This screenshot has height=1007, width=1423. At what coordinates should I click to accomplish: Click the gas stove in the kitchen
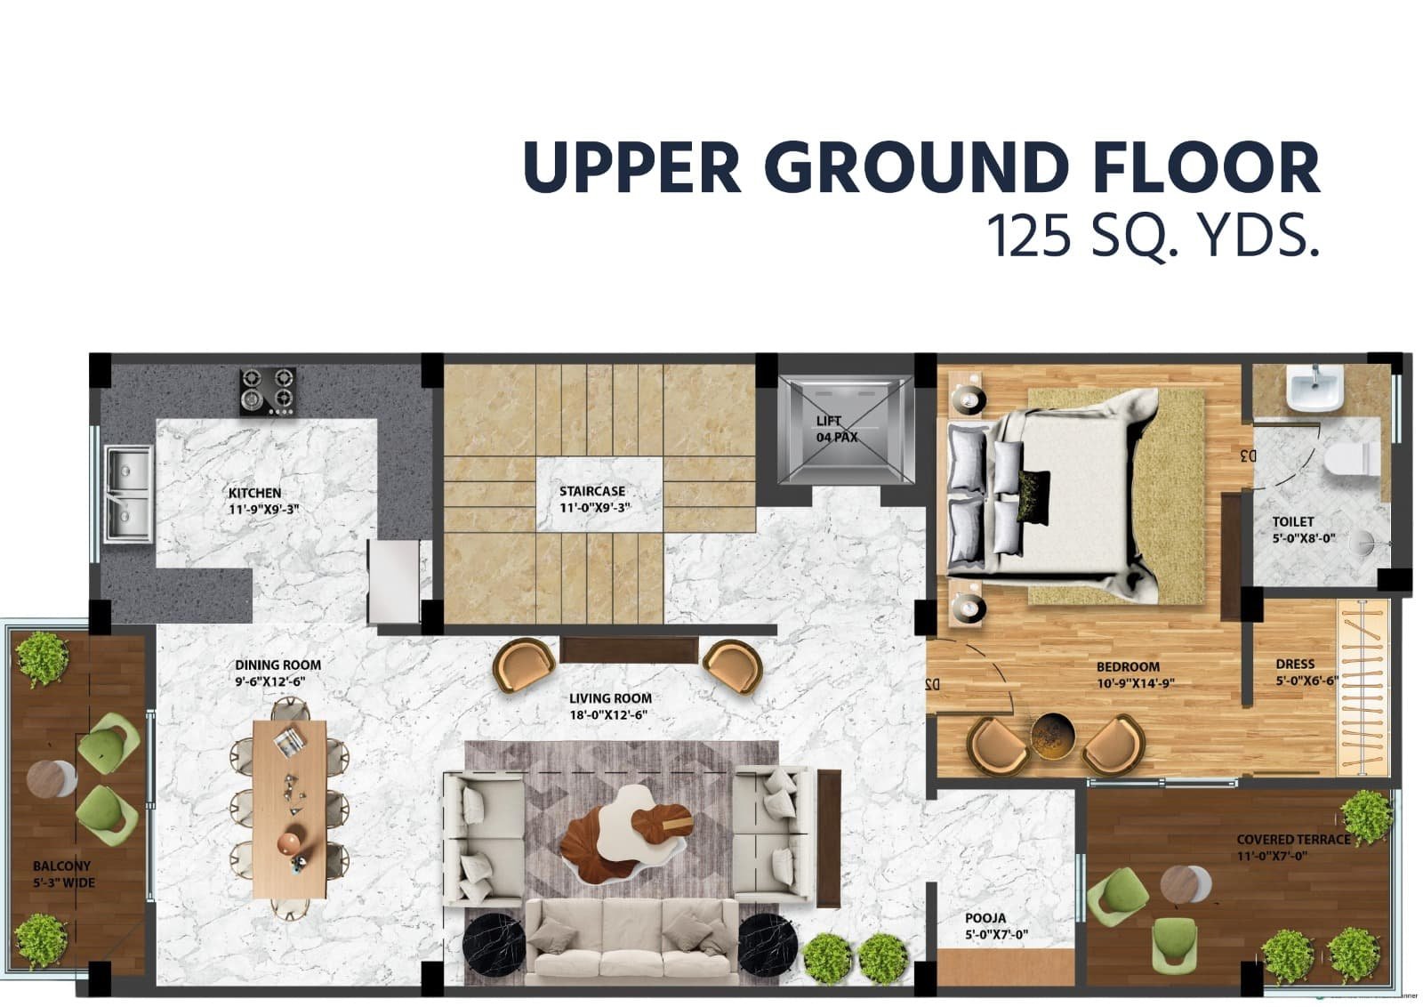268,391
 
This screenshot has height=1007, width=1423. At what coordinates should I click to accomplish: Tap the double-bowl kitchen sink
129,495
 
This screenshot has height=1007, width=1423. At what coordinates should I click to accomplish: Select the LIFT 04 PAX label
837,430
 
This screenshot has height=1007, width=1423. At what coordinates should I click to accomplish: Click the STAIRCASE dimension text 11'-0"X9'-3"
595,508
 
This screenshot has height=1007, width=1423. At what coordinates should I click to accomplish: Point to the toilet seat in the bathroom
1351,458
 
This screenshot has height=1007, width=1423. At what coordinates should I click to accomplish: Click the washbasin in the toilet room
1315,388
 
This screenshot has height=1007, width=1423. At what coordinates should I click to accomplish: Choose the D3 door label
1247,455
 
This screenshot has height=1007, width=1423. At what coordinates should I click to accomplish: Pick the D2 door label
932,684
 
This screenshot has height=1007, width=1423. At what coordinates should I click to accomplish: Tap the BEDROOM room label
1128,667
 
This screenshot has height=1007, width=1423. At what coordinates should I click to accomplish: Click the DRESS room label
1295,664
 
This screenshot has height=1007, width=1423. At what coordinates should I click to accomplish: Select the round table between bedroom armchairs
1052,737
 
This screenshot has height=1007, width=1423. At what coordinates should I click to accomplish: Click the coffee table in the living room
625,834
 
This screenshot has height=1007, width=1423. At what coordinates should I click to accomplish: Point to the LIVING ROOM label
610,698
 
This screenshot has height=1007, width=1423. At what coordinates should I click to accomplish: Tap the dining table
290,810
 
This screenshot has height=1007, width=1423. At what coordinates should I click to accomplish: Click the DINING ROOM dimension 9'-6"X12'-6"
270,681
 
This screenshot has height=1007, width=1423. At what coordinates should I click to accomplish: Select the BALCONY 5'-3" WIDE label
63,874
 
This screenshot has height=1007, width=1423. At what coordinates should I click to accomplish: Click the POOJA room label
985,918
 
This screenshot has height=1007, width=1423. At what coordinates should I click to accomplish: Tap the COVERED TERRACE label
1293,839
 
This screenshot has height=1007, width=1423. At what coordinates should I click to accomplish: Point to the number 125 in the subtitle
1029,236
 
